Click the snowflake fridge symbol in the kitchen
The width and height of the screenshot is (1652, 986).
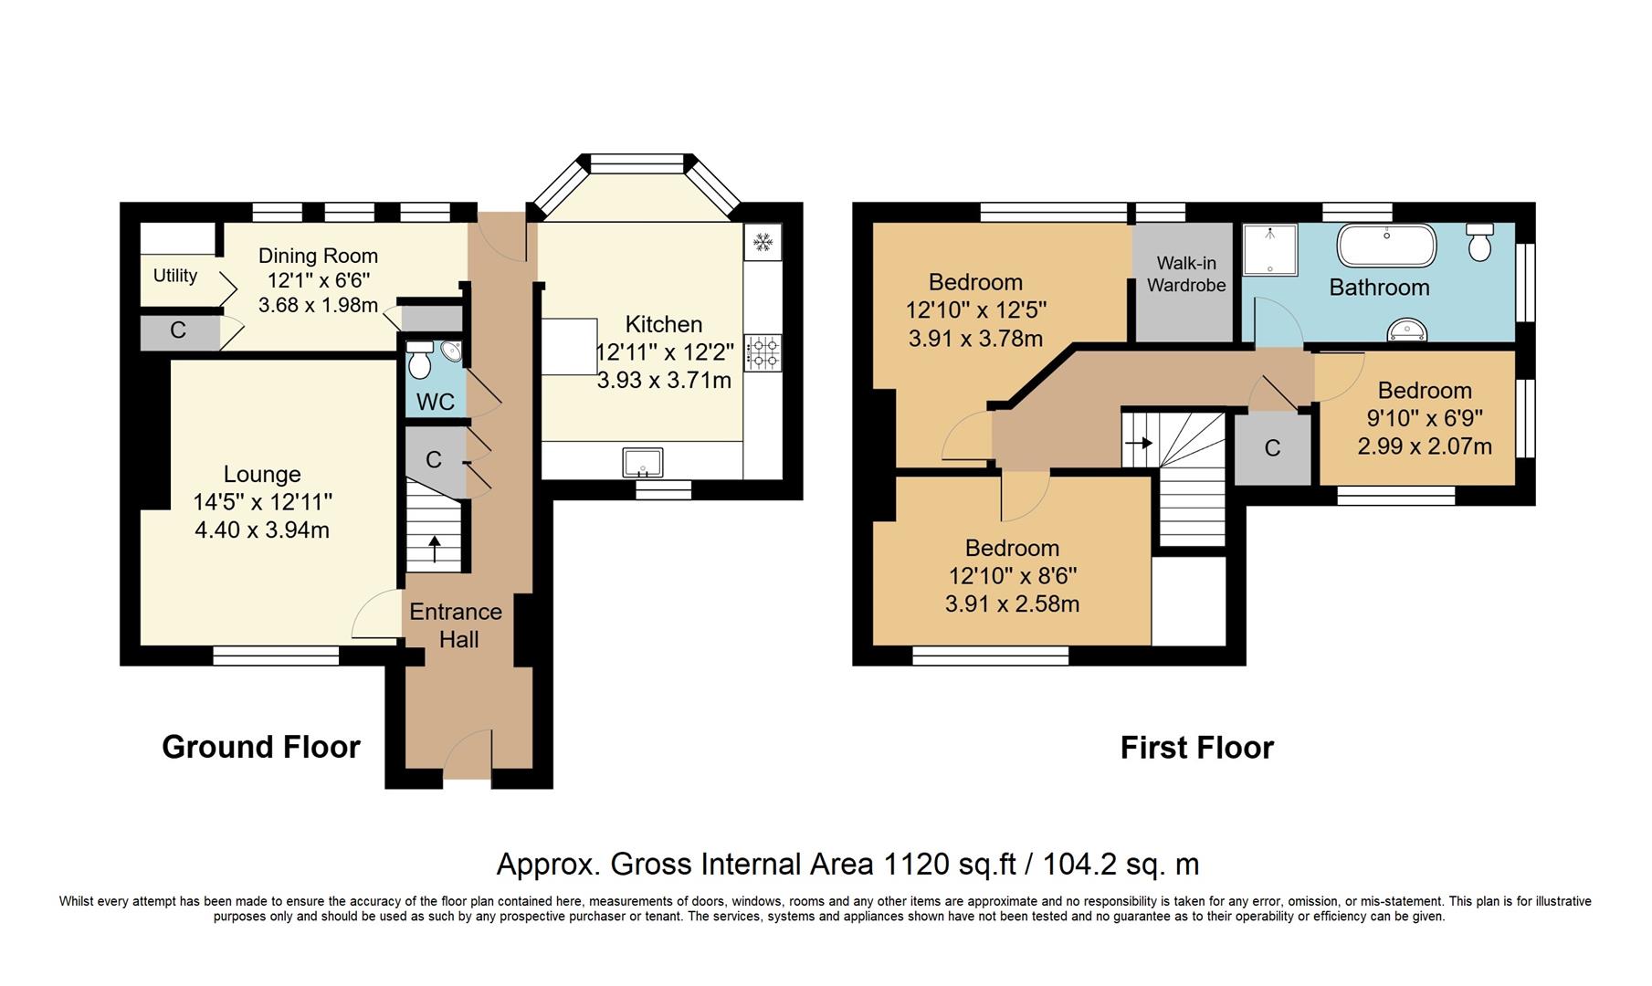(x=763, y=242)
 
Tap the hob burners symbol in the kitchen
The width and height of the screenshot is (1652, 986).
(x=763, y=352)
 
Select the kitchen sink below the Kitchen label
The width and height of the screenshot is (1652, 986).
(x=643, y=463)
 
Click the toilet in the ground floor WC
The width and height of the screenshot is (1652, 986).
(x=420, y=362)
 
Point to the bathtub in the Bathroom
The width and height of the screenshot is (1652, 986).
(x=1386, y=246)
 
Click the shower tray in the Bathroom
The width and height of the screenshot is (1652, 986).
(x=1270, y=249)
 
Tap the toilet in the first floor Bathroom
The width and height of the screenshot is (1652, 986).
(x=1479, y=243)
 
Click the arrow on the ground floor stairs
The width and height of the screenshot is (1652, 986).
(x=435, y=548)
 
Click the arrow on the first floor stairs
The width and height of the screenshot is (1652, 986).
(x=1140, y=443)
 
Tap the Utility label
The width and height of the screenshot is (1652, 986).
(x=175, y=276)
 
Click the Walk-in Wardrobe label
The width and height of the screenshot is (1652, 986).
(x=1186, y=275)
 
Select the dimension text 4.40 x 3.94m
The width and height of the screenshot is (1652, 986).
(x=262, y=530)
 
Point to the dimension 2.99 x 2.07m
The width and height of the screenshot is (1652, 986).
(x=1424, y=446)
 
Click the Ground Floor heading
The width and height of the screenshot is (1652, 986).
(x=261, y=747)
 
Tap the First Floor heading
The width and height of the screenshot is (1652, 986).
(x=1196, y=748)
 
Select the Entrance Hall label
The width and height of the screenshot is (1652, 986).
(x=457, y=625)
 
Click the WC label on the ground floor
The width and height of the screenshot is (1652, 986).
(x=435, y=402)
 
